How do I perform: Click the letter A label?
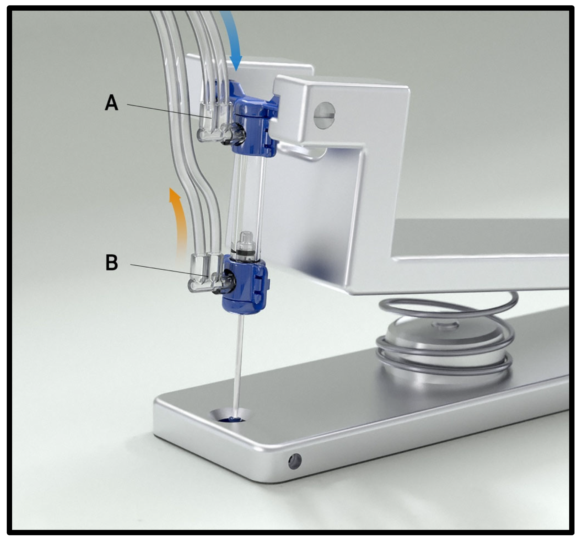coord(111,103)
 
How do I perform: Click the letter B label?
coord(112,262)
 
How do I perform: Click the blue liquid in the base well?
coord(231,420)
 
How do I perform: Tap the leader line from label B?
coord(169,270)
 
